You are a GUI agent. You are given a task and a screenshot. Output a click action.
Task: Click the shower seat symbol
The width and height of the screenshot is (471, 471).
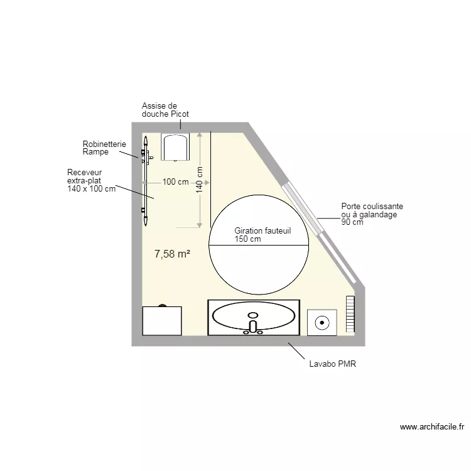[176, 147]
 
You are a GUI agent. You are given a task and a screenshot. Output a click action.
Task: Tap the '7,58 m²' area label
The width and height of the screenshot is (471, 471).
[172, 254]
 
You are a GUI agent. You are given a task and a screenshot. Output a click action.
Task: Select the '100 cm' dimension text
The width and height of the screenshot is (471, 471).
[175, 182]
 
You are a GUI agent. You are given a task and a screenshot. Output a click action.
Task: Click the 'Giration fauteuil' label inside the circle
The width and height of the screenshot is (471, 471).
[263, 231]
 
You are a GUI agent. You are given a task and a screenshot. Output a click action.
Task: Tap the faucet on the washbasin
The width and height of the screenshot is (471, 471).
[253, 327]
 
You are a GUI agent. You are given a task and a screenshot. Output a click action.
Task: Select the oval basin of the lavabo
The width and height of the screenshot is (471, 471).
[254, 317]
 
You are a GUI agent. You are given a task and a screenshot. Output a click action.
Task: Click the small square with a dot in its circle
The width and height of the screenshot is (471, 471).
[322, 323]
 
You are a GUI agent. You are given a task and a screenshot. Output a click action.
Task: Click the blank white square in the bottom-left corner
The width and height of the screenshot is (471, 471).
[162, 321]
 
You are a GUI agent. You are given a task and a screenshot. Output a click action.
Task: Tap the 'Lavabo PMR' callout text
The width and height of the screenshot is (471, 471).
[332, 364]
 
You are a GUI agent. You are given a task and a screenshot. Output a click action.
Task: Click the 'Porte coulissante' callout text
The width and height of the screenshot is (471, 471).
[372, 206]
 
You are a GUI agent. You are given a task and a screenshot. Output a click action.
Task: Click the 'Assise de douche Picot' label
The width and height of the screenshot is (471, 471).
[165, 110]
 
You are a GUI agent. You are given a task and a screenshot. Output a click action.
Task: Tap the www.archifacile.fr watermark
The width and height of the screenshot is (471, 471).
[431, 427]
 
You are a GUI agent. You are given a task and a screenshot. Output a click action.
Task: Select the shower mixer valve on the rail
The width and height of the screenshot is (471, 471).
[146, 153]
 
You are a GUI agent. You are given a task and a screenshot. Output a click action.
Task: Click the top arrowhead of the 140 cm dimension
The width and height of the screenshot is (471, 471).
[200, 134]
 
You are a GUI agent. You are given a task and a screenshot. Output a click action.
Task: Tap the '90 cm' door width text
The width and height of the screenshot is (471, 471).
[352, 222]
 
